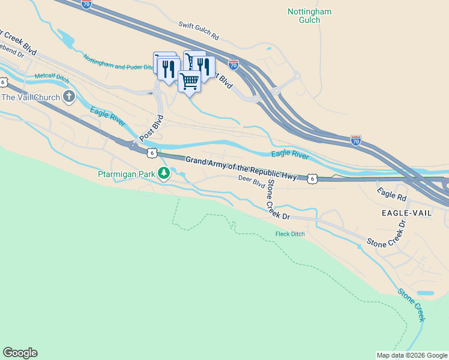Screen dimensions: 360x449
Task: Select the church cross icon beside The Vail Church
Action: pyautogui.click(x=70, y=97)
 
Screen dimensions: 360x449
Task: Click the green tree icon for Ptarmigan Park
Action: pyautogui.click(x=163, y=174)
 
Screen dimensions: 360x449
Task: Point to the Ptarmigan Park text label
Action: pyautogui.click(x=126, y=175)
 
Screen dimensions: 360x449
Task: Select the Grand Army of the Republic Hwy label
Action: pyautogui.click(x=241, y=168)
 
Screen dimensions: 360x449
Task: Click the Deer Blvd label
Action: pyautogui.click(x=252, y=180)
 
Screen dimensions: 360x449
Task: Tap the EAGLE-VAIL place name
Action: pyautogui.click(x=407, y=213)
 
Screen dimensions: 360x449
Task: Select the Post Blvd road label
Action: pyautogui.click(x=151, y=127)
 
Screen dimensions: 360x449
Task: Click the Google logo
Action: pyautogui.click(x=20, y=353)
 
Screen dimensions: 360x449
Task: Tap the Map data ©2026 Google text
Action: pyautogui.click(x=411, y=355)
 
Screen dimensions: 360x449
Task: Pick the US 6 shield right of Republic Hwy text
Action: pyautogui.click(x=312, y=178)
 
